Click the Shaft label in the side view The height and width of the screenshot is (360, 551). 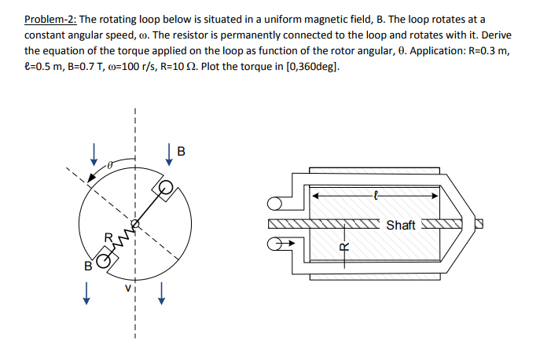(400, 226)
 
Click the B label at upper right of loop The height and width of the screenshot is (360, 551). (182, 152)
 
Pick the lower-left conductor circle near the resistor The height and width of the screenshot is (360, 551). (104, 259)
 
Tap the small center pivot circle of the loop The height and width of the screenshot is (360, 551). (135, 225)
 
